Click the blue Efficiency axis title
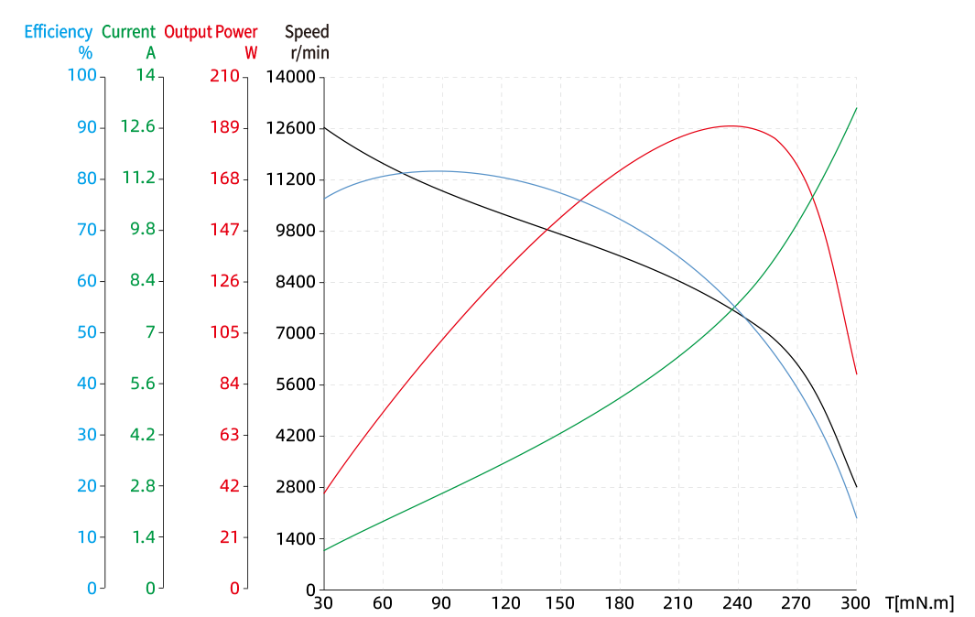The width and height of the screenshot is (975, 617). [x=59, y=32]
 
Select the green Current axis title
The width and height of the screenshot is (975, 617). [x=128, y=32]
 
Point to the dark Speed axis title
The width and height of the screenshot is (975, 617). [x=307, y=32]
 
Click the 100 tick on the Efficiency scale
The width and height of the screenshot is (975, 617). [x=82, y=76]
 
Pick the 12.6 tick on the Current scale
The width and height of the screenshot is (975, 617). [x=137, y=127]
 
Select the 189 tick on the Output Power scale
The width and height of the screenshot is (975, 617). [x=224, y=127]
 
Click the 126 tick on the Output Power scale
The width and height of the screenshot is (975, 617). [x=224, y=281]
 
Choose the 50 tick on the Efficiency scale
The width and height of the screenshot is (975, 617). [x=87, y=332]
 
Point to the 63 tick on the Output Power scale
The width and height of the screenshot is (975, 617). [x=229, y=435]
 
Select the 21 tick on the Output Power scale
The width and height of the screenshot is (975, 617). [x=229, y=537]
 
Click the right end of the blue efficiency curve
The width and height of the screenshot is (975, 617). [x=856, y=520]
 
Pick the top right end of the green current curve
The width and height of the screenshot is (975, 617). [x=856, y=109]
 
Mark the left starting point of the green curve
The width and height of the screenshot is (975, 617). [x=325, y=550]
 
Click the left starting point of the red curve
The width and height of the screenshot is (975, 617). [x=325, y=492]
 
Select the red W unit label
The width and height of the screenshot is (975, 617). [x=251, y=53]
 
